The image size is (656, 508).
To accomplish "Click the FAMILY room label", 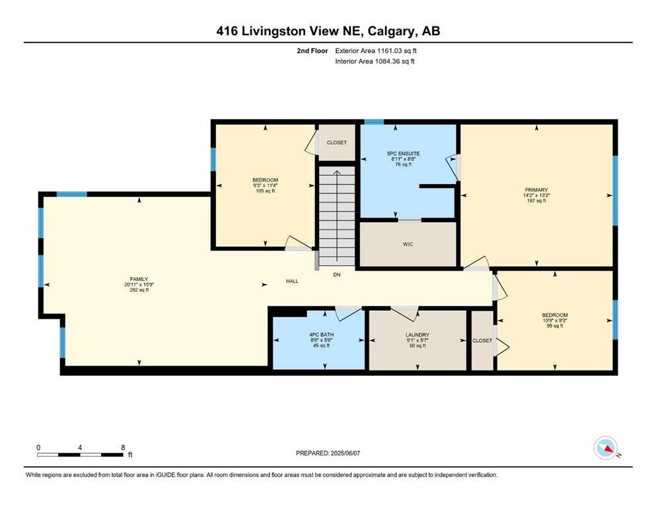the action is pos(139,279).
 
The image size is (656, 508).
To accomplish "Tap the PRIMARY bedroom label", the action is pos(536,190).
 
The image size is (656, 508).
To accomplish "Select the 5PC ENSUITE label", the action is pos(403,153).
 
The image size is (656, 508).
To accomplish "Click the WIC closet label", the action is pos(408,244).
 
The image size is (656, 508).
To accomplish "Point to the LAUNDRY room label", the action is pos(417,335).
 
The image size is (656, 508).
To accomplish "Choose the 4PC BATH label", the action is pos(321,335).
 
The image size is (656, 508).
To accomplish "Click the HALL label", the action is pos(292,281).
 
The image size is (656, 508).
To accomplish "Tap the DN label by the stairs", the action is pos(337,275).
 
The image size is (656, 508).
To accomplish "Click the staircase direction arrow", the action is pos(337,218).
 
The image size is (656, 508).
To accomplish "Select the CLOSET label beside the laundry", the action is pos(482,341).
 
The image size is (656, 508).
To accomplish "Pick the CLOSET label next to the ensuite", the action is pos(337,142).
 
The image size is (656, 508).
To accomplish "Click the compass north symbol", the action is pos(606,448).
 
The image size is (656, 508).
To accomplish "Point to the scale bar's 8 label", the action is pos(123,447).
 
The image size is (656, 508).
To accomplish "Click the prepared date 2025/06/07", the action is pos(345,453).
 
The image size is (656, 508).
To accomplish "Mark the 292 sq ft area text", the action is pos(139,290).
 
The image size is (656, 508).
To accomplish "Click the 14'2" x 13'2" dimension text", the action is pos(536,195).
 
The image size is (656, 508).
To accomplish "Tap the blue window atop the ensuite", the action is pos(374,122).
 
